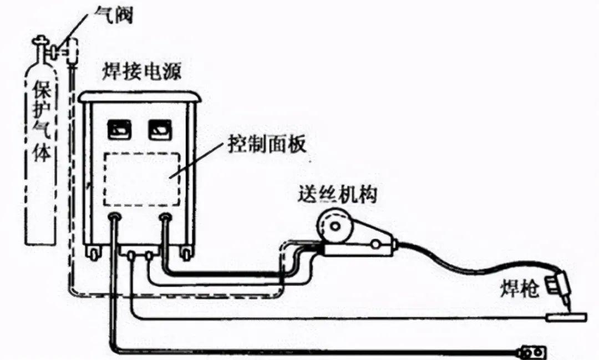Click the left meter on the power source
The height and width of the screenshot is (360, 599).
point(117,129)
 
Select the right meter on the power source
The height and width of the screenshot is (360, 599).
point(158,129)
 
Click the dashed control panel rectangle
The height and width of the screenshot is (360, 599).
point(142,179)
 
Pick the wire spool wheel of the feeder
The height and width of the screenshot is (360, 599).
point(331,226)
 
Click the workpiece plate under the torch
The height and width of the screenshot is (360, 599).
point(565,317)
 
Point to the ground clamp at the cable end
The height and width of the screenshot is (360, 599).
point(532,352)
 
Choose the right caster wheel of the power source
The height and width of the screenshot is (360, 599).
point(186,253)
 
